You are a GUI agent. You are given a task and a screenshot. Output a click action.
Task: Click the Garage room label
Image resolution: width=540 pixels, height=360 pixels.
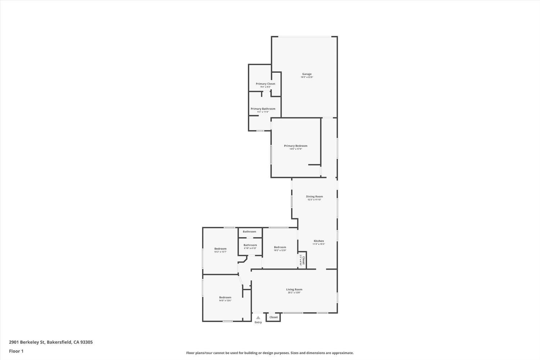click(x=307, y=74)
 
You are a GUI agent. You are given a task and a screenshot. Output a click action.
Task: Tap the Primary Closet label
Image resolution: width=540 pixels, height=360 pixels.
click(x=265, y=84)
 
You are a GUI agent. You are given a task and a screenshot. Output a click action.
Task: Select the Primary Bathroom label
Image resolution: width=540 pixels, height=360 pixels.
click(x=263, y=109)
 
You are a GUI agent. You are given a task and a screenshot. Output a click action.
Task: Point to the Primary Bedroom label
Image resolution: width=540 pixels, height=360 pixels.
click(x=296, y=146)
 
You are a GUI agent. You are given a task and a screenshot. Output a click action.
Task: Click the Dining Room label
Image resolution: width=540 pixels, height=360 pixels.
click(x=314, y=197)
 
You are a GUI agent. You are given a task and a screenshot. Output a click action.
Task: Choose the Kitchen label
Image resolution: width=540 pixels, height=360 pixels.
click(x=319, y=241)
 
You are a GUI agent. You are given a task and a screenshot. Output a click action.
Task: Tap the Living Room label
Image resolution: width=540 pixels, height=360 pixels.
click(x=294, y=289)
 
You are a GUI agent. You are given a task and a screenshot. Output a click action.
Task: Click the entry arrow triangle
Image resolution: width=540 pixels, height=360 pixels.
click(x=258, y=318)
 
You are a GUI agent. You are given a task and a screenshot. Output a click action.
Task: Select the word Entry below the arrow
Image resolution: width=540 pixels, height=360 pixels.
click(x=258, y=322)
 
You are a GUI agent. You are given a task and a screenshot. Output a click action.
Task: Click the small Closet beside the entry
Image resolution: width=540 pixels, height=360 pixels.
click(x=274, y=317)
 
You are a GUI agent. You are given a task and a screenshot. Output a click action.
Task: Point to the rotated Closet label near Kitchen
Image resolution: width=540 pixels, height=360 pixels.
click(x=303, y=260)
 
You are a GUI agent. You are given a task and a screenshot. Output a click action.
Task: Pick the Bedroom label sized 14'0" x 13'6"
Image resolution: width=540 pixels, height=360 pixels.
click(x=225, y=297)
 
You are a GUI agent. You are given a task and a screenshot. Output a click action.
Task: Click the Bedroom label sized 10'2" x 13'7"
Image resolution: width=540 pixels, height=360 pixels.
click(x=220, y=249)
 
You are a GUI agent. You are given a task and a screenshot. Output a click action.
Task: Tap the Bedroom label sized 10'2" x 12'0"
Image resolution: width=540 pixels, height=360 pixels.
click(x=280, y=247)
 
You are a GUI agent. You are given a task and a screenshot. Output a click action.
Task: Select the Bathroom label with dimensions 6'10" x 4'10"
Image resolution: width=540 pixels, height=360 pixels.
click(x=250, y=245)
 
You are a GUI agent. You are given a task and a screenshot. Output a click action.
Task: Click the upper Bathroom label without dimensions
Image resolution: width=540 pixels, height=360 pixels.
click(x=249, y=231)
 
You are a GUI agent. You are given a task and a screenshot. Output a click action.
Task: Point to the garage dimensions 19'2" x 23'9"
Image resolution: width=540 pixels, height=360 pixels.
click(x=307, y=77)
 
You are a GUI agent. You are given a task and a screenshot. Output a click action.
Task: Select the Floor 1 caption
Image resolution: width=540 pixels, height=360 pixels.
click(x=16, y=351)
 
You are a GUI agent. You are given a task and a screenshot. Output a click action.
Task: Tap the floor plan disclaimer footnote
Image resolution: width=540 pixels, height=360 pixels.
click(x=270, y=353)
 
